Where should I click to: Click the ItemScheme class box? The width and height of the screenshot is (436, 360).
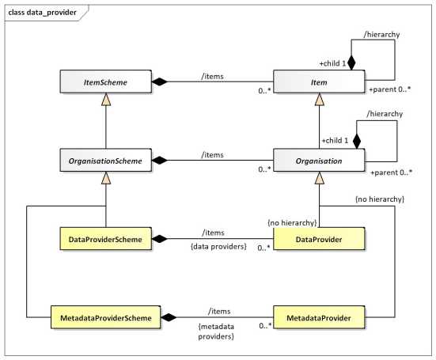pos(106,81)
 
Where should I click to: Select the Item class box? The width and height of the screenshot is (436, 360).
pos(319,81)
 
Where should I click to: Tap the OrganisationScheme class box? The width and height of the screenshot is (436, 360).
pos(106,160)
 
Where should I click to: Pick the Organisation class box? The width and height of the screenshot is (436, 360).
pos(319,160)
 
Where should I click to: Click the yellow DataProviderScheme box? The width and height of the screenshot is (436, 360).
pos(106,239)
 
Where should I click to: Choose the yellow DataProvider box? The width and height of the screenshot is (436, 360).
pos(319,239)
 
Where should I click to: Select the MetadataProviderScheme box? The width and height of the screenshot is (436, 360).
pos(106,317)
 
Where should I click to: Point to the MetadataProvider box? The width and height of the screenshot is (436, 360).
pos(319,317)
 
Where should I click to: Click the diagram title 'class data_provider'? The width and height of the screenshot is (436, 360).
pos(42,13)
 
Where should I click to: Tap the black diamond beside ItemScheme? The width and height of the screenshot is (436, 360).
pos(160,81)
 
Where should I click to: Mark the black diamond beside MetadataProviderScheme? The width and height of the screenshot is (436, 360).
pos(169,317)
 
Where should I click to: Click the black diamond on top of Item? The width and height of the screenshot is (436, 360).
pos(351,63)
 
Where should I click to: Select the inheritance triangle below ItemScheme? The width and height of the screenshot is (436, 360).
pos(106,99)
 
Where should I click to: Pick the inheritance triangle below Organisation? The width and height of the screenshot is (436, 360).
pos(319,178)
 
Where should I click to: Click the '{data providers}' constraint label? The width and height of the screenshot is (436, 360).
pos(218,247)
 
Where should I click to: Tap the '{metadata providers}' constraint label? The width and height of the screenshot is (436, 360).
pos(216,332)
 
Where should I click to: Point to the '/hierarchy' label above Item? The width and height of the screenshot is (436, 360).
pos(381,35)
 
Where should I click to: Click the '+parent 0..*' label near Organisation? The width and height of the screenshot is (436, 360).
pos(391,172)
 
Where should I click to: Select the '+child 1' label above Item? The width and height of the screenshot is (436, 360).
pos(333,63)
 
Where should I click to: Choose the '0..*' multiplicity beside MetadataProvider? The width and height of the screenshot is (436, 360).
pos(265,325)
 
